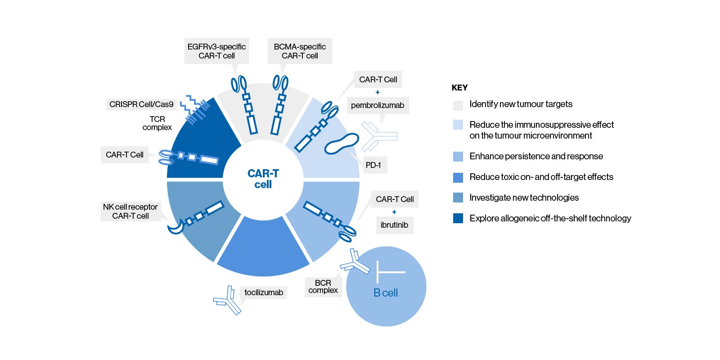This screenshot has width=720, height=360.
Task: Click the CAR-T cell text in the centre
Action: point(263,179)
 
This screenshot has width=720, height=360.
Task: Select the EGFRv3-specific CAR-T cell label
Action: point(216,51)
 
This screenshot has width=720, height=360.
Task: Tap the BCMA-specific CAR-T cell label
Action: point(300,51)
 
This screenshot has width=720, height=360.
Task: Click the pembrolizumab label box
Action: point(378,105)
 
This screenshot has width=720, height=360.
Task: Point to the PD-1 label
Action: point(373,165)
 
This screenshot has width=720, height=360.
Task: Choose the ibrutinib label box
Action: point(394,225)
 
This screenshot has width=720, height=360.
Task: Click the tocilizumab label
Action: point(264,292)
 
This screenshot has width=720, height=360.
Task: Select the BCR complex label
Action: point(323,287)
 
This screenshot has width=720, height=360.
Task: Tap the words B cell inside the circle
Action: point(386,293)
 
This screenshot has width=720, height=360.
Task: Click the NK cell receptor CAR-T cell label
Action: point(130,211)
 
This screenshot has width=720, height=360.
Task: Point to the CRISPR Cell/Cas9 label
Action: point(141,104)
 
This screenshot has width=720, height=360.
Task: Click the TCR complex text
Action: point(157,123)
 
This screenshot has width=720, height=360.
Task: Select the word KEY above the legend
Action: point(459,88)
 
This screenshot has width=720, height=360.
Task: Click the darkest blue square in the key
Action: point(458,218)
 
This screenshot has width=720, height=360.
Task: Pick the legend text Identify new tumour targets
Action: point(521,104)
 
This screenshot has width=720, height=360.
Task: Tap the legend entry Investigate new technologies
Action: point(524,198)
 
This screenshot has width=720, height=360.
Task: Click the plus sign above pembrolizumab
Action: point(378,92)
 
